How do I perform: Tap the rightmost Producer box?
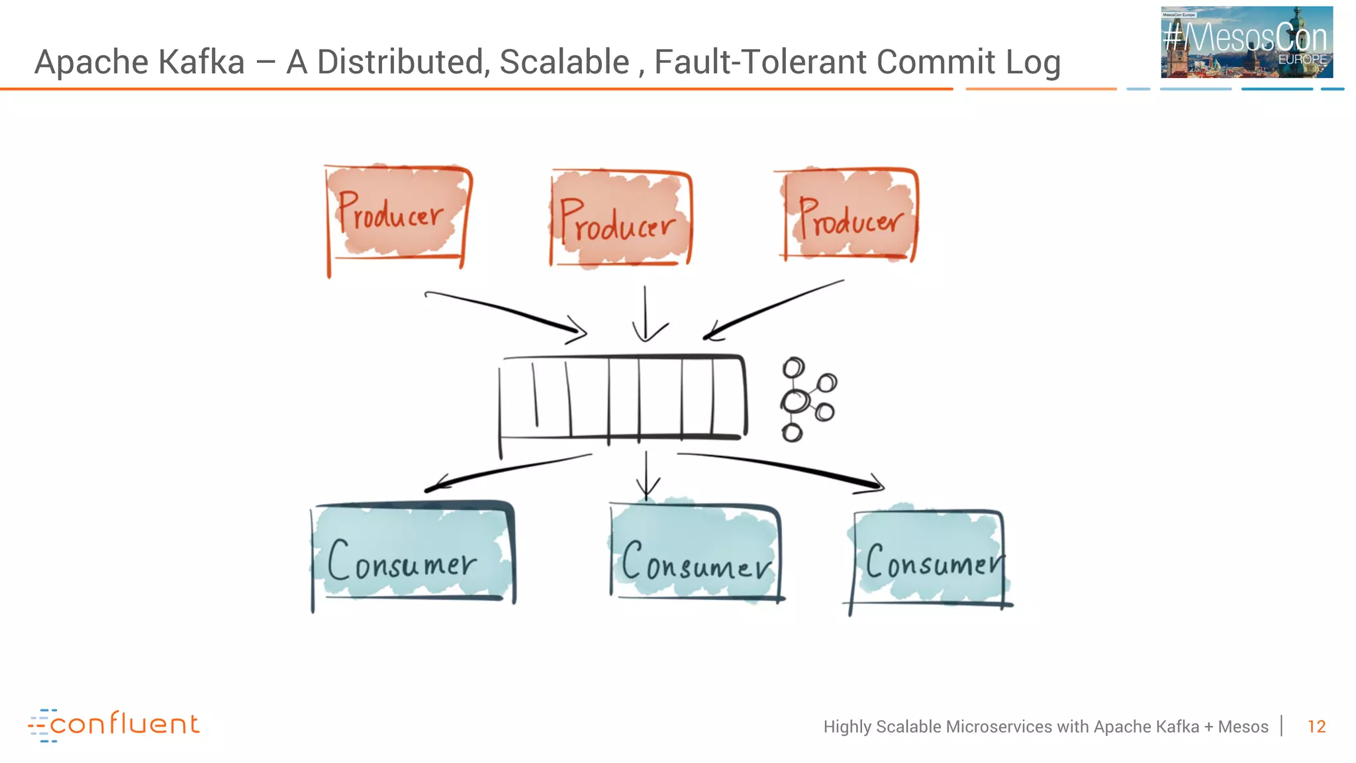[x=849, y=215]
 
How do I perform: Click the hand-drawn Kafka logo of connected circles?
[x=806, y=399]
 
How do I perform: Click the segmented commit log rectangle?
[x=622, y=397]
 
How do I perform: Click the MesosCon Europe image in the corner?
[x=1246, y=42]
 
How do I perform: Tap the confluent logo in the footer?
[x=114, y=725]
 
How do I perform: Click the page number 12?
[x=1316, y=727]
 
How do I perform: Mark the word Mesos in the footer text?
[x=1243, y=727]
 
